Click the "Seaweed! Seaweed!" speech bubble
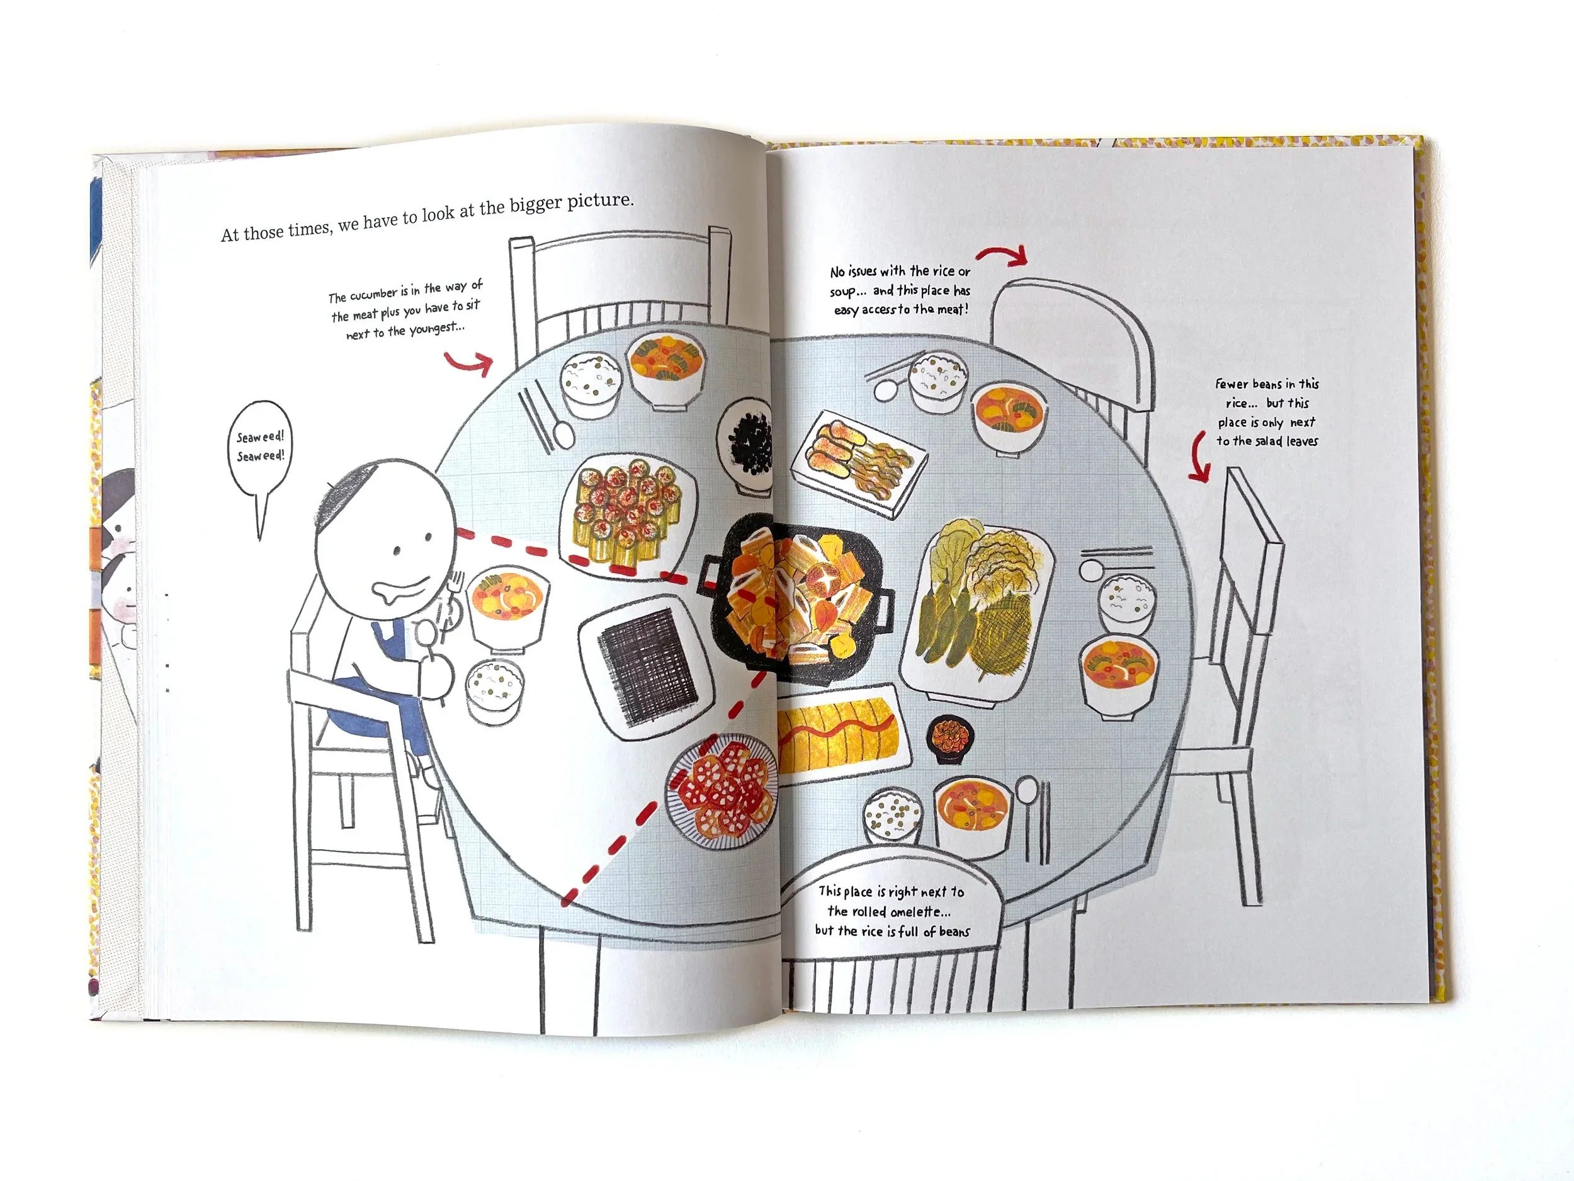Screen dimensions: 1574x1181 point(261,448)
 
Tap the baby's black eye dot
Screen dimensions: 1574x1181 point(397,551)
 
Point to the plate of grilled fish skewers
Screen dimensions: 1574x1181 point(858,459)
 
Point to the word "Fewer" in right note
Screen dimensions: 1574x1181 point(1231,384)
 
